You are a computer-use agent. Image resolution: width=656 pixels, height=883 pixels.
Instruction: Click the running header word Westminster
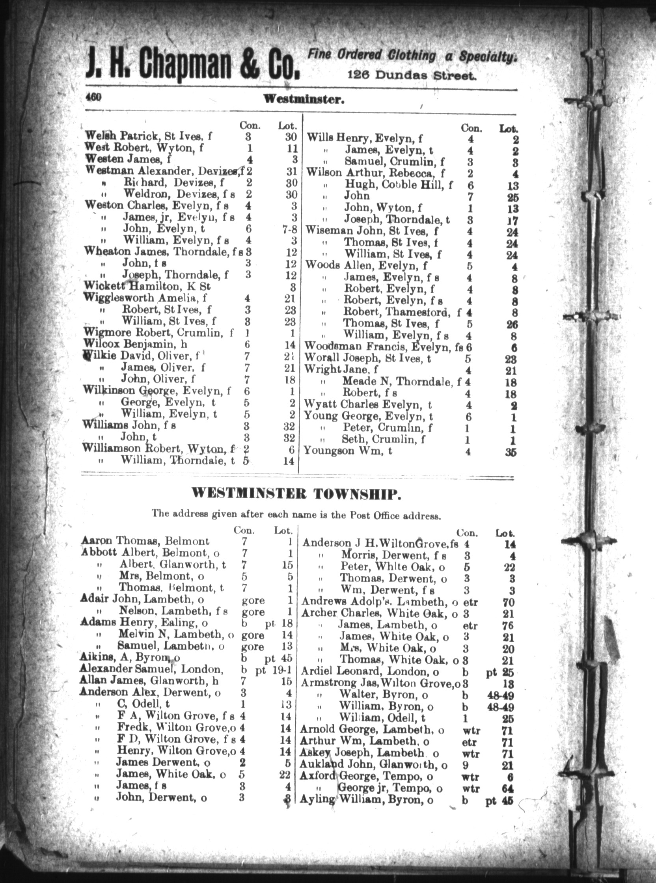click(x=304, y=100)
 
